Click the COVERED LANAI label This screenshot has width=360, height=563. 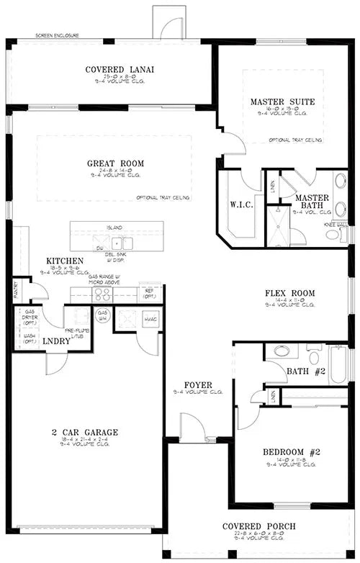pos(120,70)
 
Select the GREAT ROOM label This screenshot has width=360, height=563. pos(114,163)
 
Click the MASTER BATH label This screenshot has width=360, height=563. pos(312,202)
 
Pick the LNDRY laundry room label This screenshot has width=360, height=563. pos(57,341)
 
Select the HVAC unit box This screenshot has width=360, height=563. pos(150,319)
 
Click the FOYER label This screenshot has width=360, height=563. pos(197,385)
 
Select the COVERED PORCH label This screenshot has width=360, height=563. pos(258,526)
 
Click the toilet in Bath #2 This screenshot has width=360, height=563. pos(280,352)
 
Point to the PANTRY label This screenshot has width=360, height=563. pos(16,291)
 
